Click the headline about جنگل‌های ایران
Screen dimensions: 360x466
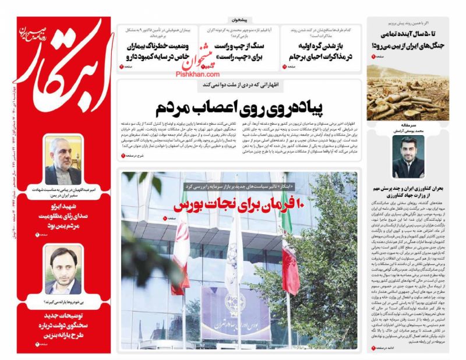click(x=408, y=40)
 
